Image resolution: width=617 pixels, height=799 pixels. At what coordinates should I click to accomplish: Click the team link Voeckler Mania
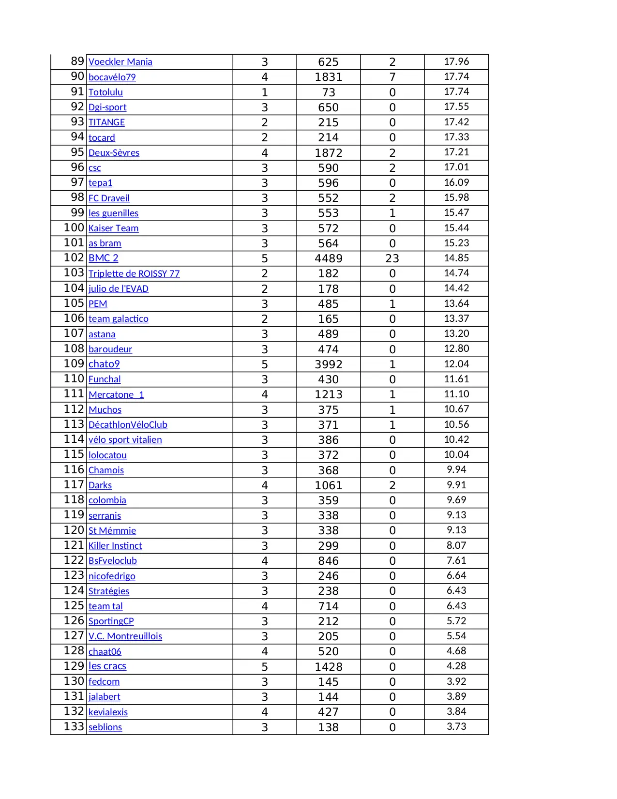tap(120, 62)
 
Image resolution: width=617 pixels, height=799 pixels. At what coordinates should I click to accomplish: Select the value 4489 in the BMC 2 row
tap(328, 258)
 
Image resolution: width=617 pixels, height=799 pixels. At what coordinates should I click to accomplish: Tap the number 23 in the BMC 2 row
tap(392, 258)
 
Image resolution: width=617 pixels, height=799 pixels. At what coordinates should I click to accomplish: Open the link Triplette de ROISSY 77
tap(134, 273)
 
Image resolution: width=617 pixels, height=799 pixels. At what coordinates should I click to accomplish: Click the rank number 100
tap(74, 227)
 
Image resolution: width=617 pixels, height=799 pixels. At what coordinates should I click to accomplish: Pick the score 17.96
tap(456, 61)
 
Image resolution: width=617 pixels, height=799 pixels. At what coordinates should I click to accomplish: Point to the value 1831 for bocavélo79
tap(328, 77)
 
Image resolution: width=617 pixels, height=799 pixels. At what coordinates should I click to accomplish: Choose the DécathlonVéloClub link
tap(128, 424)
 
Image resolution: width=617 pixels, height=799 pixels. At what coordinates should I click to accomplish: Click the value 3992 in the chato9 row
tap(328, 364)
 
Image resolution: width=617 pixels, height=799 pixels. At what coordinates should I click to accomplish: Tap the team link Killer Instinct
tap(115, 545)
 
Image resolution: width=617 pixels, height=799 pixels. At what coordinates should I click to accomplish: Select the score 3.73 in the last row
tap(456, 726)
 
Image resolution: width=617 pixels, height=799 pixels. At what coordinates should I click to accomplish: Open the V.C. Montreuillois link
tap(125, 636)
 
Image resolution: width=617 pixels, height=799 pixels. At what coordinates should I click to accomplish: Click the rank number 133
tap(74, 726)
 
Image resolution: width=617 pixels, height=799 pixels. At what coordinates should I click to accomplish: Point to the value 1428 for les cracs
tap(328, 667)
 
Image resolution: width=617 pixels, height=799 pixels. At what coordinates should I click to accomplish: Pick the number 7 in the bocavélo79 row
tap(392, 77)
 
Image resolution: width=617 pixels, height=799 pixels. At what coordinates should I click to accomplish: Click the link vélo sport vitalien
tap(125, 439)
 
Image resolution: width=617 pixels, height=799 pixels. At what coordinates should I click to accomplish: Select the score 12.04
tap(456, 364)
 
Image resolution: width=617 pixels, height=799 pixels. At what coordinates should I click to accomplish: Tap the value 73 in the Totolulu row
tap(328, 92)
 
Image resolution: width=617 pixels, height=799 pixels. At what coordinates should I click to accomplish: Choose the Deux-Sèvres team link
tap(114, 152)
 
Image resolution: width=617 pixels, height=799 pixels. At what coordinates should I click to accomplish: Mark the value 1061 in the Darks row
tap(328, 485)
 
